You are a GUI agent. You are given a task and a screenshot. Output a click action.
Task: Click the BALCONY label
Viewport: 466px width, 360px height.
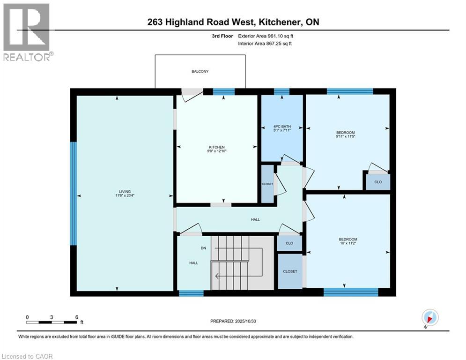click(x=200, y=71)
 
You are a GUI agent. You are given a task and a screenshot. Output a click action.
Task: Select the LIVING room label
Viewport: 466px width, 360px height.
click(x=125, y=191)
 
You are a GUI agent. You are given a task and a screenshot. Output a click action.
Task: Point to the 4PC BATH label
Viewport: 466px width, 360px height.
click(x=282, y=126)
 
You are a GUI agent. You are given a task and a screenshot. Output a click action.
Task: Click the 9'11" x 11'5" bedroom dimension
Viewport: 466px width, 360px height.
click(x=347, y=136)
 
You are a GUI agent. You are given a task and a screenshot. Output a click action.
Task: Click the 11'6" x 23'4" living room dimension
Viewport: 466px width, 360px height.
click(x=125, y=195)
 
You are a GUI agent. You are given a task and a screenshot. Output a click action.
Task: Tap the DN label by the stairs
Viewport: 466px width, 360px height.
click(x=203, y=248)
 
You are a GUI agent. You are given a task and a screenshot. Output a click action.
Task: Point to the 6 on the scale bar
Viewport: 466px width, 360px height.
click(x=76, y=317)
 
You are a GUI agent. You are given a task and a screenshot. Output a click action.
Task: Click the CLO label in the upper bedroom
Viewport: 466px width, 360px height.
click(x=377, y=182)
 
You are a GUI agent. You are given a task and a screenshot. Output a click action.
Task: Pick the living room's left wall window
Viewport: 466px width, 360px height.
click(x=73, y=193)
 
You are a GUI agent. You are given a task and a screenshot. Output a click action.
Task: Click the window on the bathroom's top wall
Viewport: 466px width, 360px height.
click(x=281, y=91)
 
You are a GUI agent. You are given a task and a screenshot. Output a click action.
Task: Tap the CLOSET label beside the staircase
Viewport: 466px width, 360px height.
click(x=290, y=271)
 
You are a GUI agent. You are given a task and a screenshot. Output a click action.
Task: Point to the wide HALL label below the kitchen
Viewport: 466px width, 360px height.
click(x=255, y=219)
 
